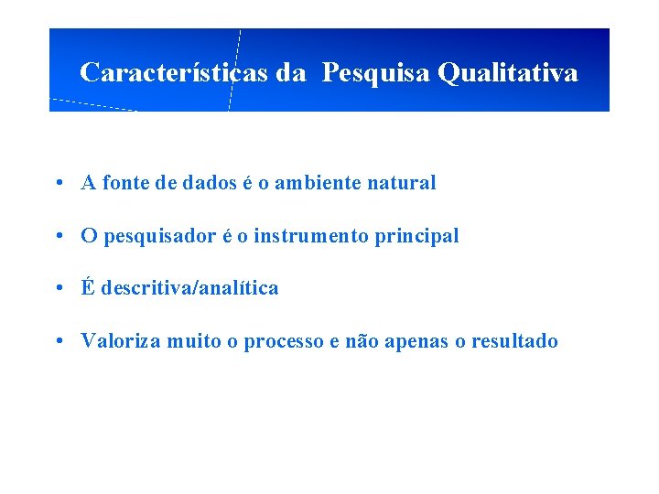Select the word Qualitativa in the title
click(508, 72)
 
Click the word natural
click(401, 183)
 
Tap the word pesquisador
click(160, 236)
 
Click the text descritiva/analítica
click(189, 288)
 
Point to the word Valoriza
click(120, 341)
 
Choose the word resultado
click(513, 341)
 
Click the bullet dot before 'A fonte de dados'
click(58, 183)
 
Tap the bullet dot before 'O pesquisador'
click(58, 236)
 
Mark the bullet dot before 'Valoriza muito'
click(58, 341)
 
